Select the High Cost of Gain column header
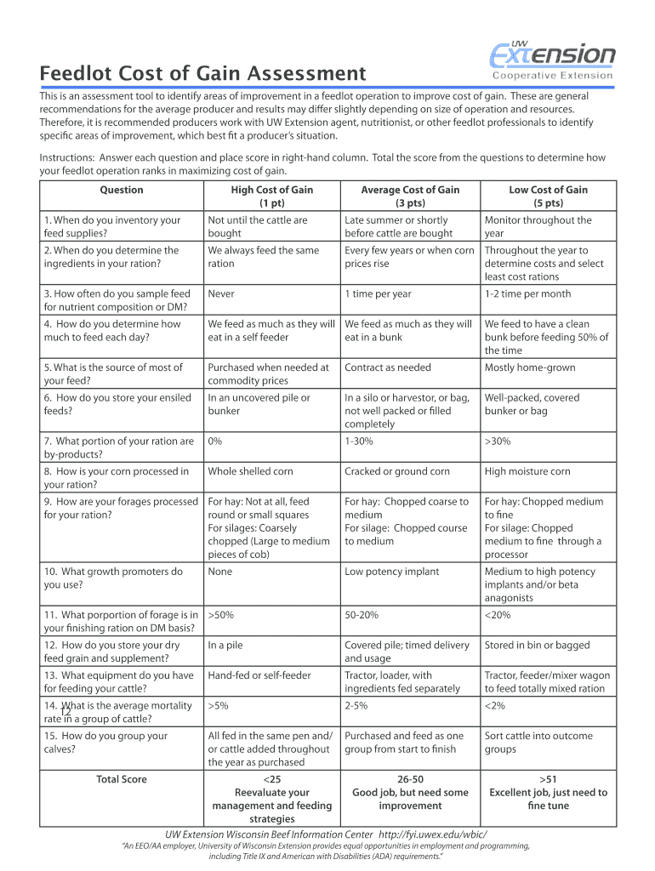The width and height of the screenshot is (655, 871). coord(271,196)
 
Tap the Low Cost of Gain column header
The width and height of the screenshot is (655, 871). coord(548,196)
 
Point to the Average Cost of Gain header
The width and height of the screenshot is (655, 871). coord(410,196)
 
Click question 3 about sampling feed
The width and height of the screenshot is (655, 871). coord(117,300)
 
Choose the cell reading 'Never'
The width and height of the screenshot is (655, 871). coord(220,294)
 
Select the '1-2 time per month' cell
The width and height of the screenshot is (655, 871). coord(527,294)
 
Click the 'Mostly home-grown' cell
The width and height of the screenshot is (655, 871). coord(529,367)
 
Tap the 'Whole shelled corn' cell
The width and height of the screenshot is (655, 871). coord(250,471)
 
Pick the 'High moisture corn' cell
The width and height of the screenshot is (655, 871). coord(527,471)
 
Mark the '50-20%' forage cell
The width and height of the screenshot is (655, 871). coord(362,615)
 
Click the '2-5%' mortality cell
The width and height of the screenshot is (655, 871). coord(356,706)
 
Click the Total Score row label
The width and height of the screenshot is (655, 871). coord(122,779)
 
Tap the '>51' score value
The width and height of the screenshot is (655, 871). coord(548,779)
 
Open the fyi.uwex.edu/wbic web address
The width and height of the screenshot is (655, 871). coord(433,834)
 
